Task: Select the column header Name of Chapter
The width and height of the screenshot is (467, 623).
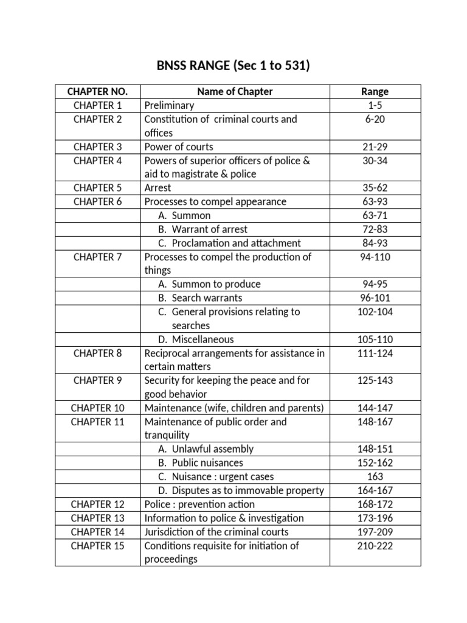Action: coord(235,92)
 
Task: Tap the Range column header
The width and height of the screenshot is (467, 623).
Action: coord(375,92)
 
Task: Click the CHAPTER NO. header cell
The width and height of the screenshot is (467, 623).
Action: coord(97,92)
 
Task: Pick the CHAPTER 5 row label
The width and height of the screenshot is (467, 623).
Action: coord(97,188)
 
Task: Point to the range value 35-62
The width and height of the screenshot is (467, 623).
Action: coord(375,188)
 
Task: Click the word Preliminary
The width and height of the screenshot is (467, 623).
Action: coord(169,106)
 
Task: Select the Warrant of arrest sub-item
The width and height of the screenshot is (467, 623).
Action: coord(209,229)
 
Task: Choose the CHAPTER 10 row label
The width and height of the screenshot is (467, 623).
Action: coord(97,408)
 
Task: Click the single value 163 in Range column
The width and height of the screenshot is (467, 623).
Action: coord(375,477)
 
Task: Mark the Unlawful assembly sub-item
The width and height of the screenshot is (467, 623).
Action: coord(212,449)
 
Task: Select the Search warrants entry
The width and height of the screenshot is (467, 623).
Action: coord(207,298)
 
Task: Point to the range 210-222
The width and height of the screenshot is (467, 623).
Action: coord(375,546)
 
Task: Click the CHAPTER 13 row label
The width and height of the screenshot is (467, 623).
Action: coord(97,518)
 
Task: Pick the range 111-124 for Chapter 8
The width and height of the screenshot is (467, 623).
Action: coord(375,353)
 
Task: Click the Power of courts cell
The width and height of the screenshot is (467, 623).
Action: coord(179,147)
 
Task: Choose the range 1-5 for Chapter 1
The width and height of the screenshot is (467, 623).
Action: coord(375,106)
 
